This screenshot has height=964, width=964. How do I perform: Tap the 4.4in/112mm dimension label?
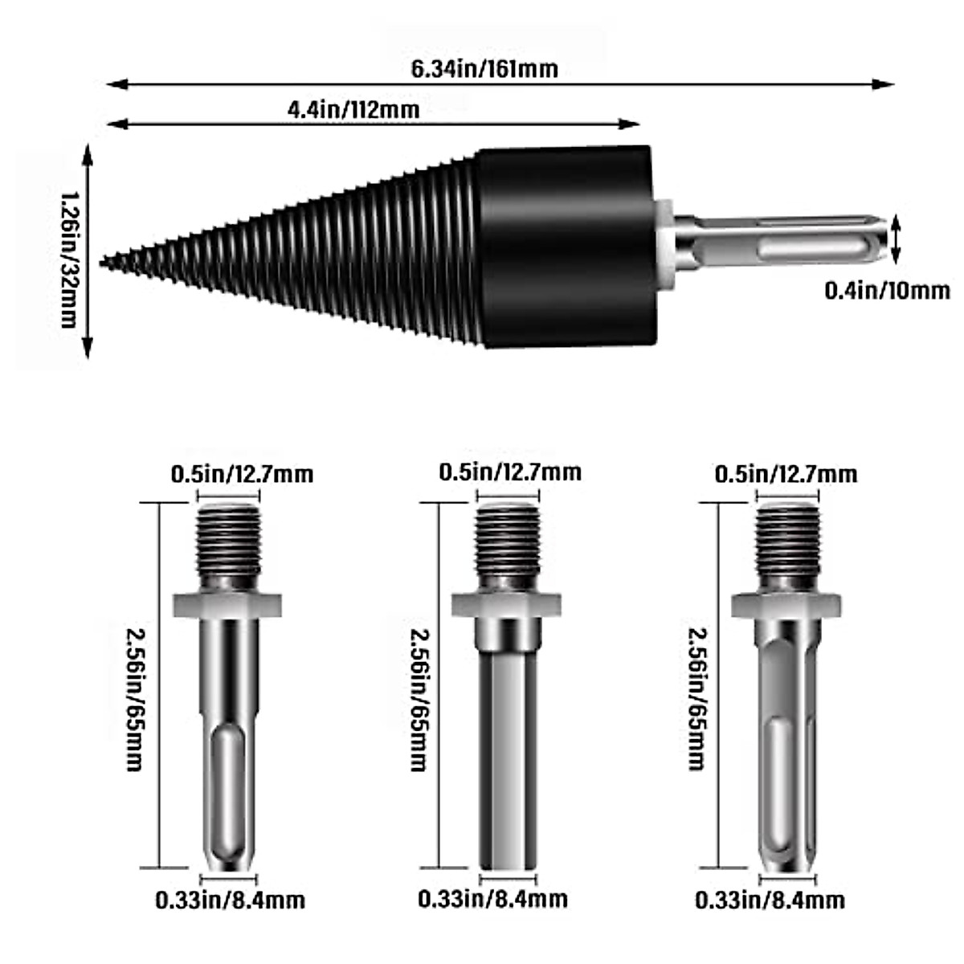point(353,108)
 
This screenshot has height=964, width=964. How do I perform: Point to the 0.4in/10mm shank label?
point(887,289)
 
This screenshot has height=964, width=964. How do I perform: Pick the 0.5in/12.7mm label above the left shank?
point(242,473)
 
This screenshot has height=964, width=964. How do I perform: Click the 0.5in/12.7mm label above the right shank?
point(786,473)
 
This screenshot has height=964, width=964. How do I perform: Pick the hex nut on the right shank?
point(786,604)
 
